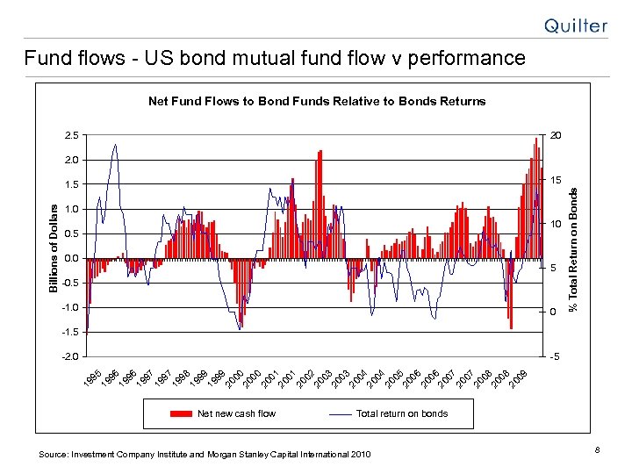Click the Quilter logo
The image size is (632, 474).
pos(575,25)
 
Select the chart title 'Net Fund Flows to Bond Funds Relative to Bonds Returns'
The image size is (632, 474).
pos(316,101)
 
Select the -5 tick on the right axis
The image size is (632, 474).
pos(553,356)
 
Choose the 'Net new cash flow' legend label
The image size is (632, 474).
pos(236,413)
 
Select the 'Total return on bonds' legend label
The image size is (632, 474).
pos(402,413)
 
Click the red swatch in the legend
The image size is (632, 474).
pos(181,413)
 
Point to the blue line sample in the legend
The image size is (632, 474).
pos(340,413)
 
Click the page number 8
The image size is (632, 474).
pos(595,451)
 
